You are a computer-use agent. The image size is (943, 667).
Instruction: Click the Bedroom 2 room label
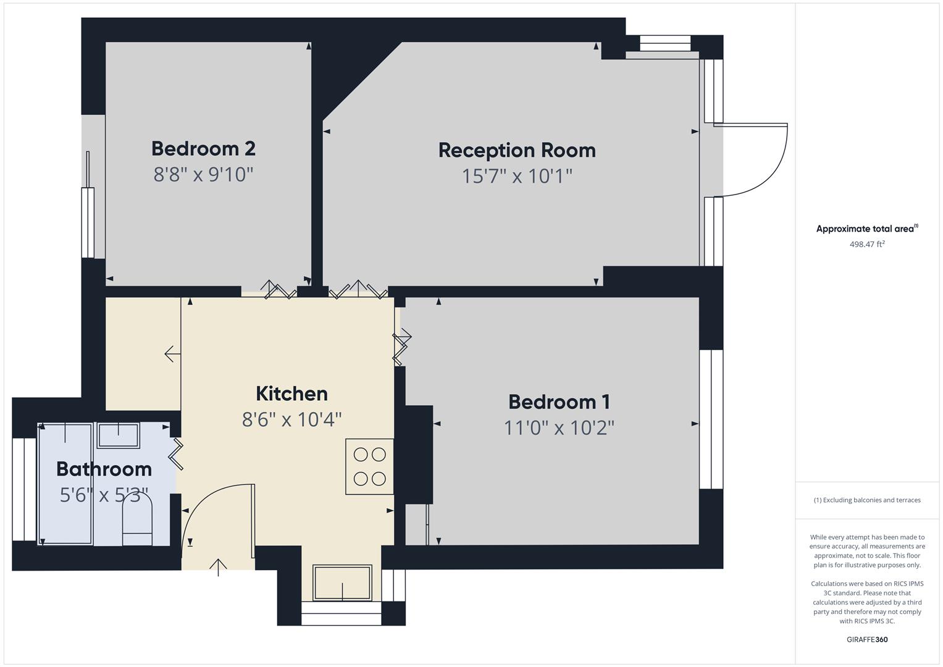tap(203, 149)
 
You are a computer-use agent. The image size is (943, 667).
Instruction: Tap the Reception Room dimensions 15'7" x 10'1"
tap(517, 177)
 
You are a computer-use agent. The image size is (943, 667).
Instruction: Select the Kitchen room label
tap(291, 393)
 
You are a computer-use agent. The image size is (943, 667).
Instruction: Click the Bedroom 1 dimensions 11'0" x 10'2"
tap(559, 428)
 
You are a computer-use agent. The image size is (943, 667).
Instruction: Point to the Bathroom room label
tap(104, 469)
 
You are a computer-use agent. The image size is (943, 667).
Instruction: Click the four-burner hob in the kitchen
tap(369, 466)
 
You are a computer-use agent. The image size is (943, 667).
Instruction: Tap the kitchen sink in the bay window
tap(342, 582)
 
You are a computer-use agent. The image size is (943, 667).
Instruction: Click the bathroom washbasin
tap(119, 435)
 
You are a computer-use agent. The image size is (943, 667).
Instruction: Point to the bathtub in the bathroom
tap(65, 484)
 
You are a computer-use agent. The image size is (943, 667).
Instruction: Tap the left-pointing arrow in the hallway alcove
tap(172, 354)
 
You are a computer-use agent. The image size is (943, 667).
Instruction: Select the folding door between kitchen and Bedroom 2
tap(279, 290)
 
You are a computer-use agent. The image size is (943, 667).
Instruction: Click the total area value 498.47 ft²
tap(867, 245)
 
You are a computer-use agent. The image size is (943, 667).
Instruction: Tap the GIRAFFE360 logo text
tap(867, 640)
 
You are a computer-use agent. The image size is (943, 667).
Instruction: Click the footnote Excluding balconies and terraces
tap(867, 500)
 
